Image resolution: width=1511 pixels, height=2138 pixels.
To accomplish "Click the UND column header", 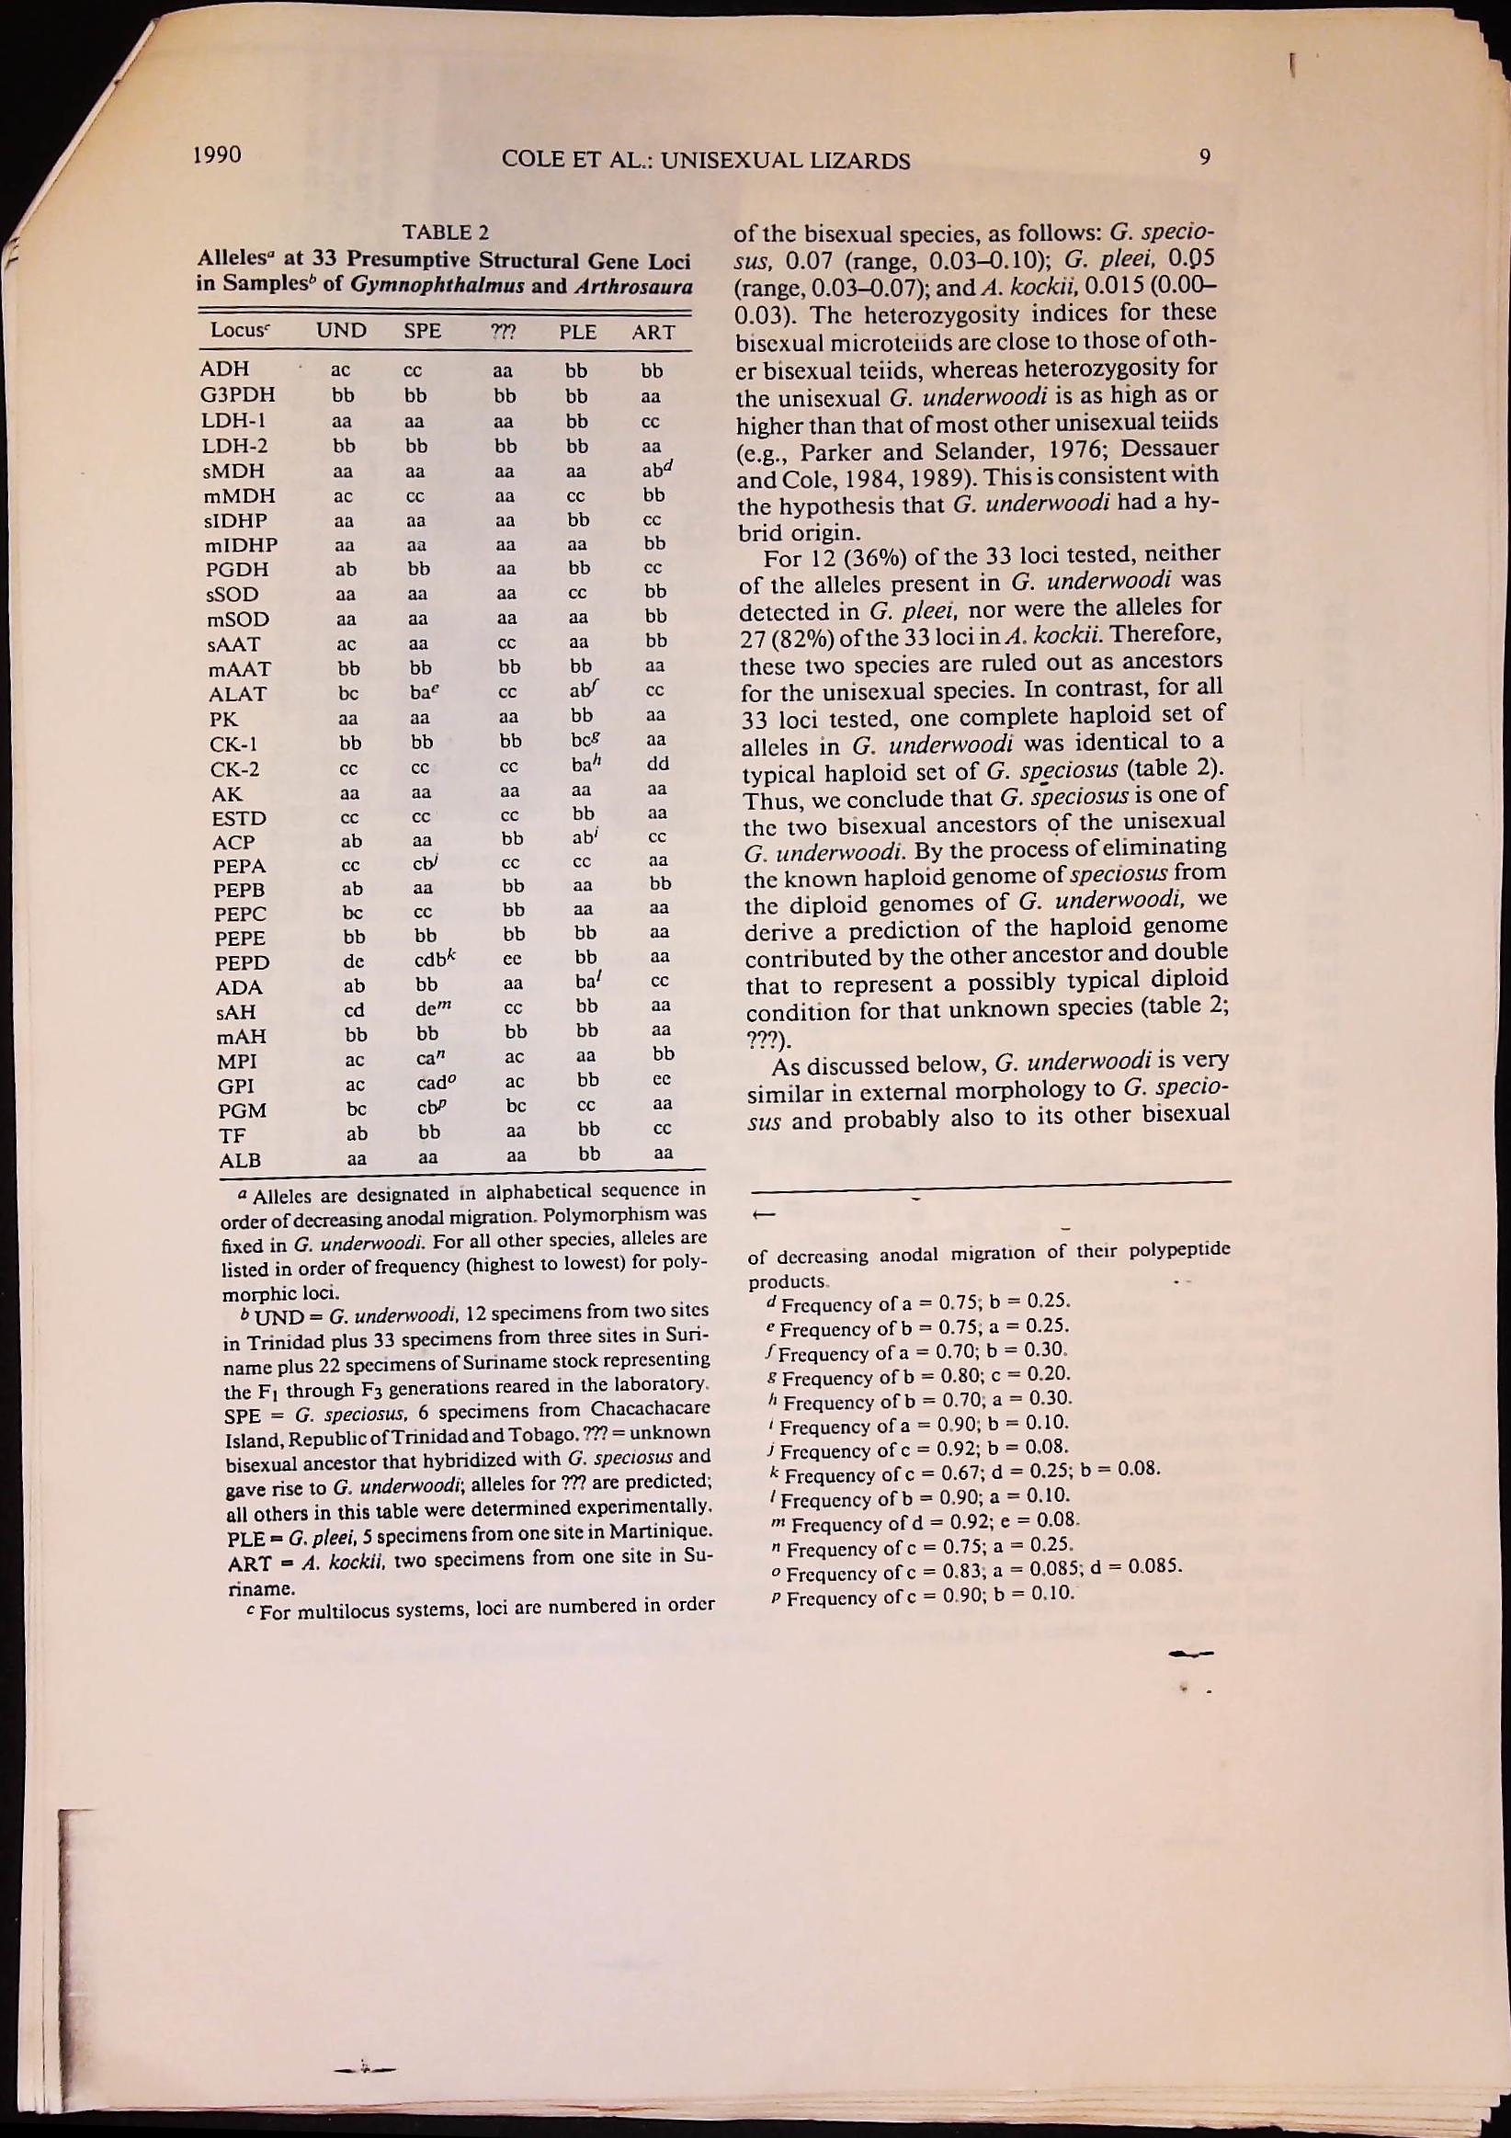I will pyautogui.click(x=341, y=331).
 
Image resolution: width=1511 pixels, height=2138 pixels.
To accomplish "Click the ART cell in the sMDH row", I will pyautogui.click(x=657, y=471).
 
